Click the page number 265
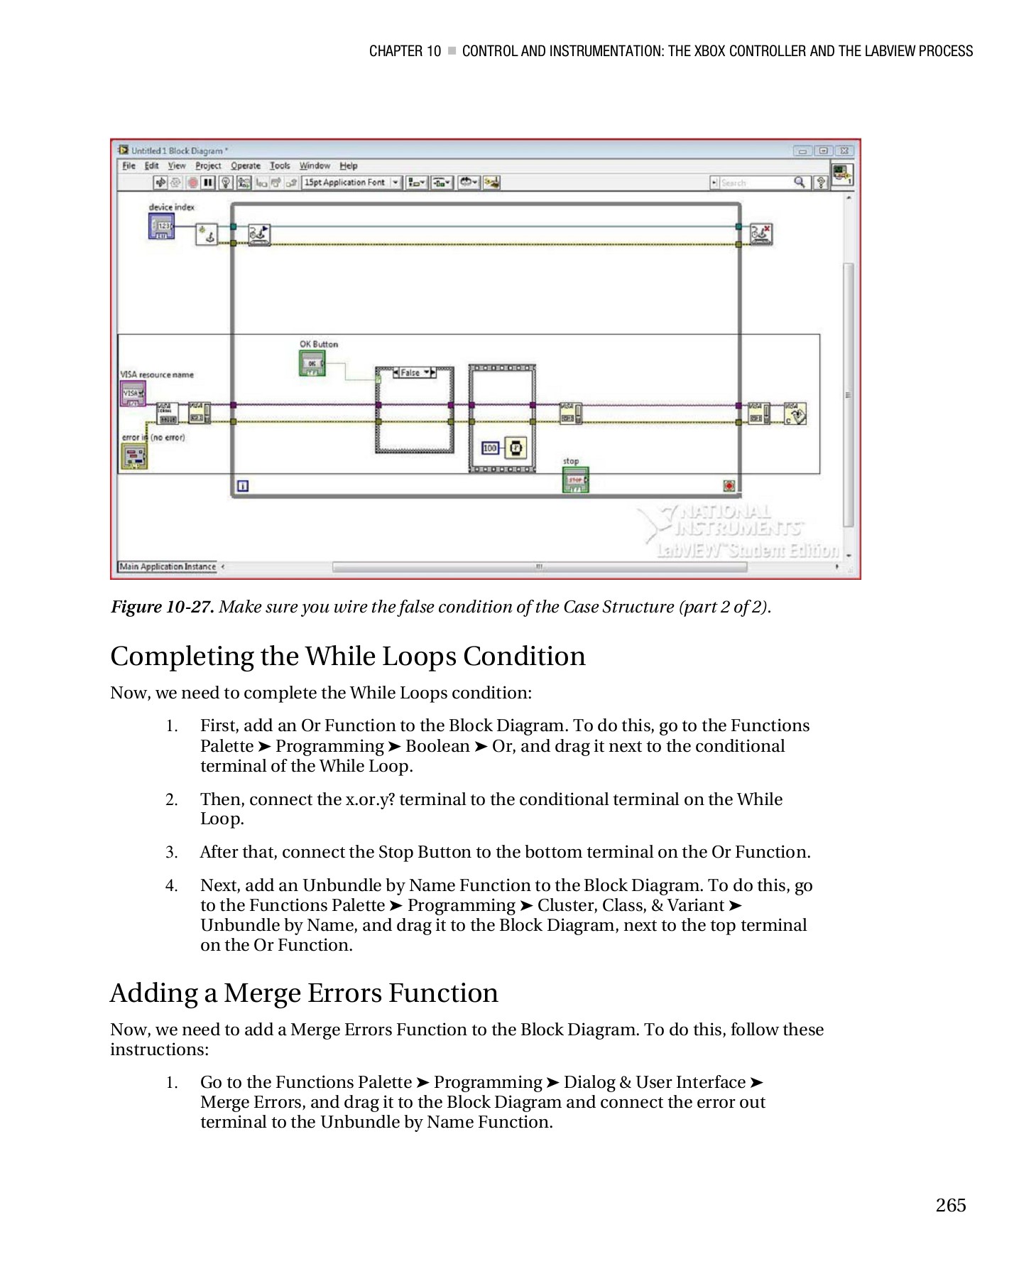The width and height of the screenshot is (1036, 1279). (x=950, y=1205)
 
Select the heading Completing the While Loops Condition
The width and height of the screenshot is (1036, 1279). (x=347, y=656)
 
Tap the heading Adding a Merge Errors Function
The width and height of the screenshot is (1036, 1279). (x=304, y=993)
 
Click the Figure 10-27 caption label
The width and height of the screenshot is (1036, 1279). (x=162, y=607)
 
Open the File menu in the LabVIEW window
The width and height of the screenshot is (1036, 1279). (x=129, y=166)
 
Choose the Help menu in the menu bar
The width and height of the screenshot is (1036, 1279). (x=348, y=166)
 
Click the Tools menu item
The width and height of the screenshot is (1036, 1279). (x=280, y=166)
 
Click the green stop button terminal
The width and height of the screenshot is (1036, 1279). (x=575, y=480)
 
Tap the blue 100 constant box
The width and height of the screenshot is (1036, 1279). (x=490, y=448)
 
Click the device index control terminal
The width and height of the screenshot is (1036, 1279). (x=161, y=227)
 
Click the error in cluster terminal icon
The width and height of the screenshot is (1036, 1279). (x=133, y=456)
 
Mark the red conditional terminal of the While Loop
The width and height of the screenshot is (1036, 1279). (x=729, y=486)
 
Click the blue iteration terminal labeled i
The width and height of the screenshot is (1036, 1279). (x=242, y=486)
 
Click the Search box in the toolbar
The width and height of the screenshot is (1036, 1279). (x=757, y=183)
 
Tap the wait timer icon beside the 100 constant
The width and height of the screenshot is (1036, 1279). (x=516, y=448)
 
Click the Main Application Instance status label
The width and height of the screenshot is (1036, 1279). (x=168, y=566)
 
